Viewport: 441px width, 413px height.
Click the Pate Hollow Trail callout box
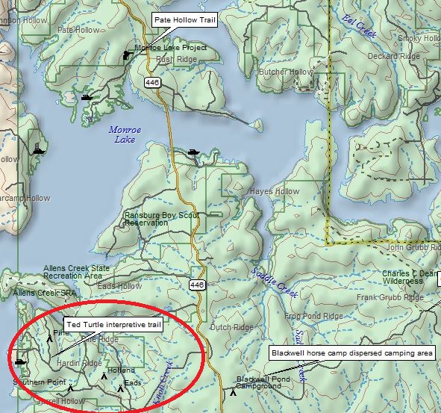click(x=185, y=20)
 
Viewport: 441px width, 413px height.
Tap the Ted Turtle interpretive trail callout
click(x=113, y=325)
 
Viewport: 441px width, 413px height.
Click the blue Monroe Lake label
click(x=125, y=134)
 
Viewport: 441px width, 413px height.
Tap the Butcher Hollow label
click(x=287, y=72)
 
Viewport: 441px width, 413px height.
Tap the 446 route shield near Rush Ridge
click(x=154, y=82)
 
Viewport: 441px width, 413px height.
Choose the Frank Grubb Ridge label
click(x=390, y=297)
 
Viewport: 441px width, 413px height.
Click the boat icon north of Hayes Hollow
click(x=194, y=152)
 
